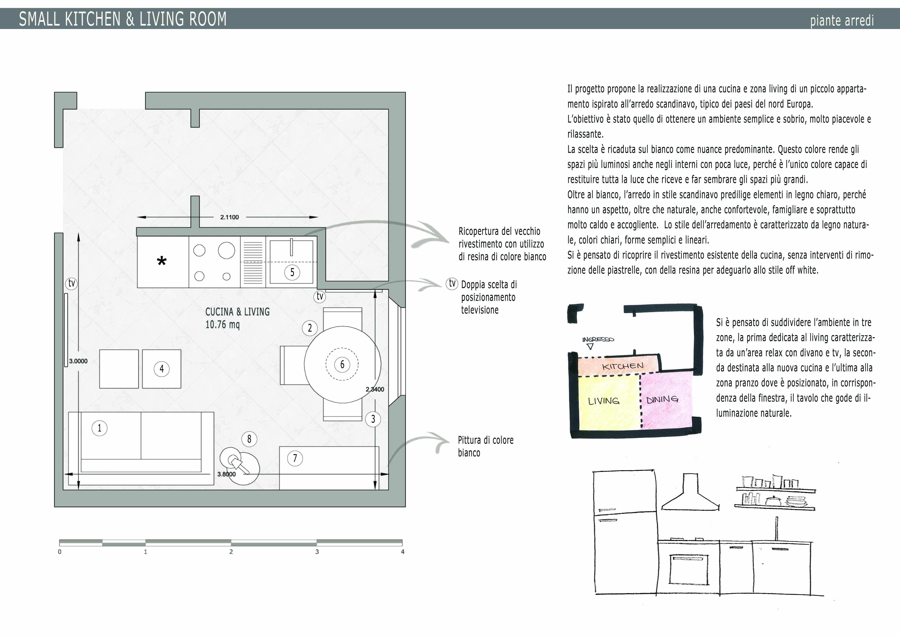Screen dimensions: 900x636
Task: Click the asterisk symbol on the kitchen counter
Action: [162, 261]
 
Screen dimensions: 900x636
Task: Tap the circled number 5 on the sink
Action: [292, 272]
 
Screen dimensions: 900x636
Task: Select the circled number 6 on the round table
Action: [342, 364]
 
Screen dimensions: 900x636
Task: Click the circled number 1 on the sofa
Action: [100, 428]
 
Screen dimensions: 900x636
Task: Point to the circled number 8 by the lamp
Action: [249, 439]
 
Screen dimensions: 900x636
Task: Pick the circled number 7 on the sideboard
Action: [295, 458]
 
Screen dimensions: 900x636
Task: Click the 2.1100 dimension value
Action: [229, 217]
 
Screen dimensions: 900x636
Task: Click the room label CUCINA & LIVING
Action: [238, 312]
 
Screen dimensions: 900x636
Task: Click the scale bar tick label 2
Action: [231, 552]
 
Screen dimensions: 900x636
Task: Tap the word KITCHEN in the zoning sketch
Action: [623, 366]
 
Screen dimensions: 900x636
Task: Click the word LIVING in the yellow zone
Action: [604, 401]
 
